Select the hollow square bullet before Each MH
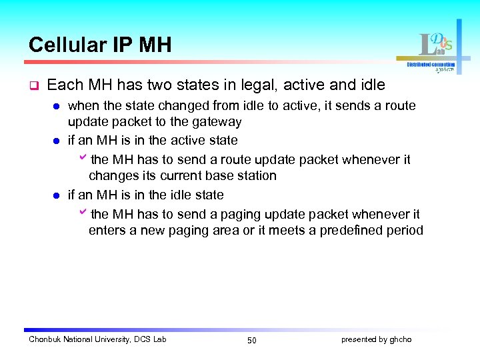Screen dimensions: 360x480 click(x=32, y=86)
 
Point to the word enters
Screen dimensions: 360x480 click(x=107, y=231)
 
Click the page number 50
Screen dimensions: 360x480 click(x=251, y=341)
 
